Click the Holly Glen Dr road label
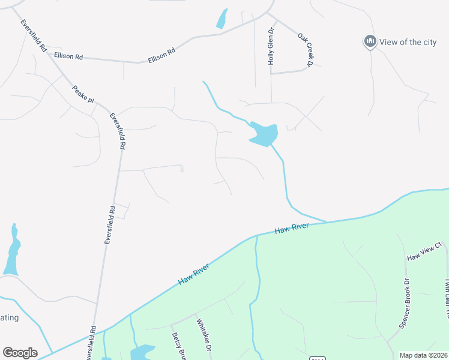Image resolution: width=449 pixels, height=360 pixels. point(271,46)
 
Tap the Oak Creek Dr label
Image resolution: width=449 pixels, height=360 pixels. point(306,50)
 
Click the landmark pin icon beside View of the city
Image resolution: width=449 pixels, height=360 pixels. point(370,41)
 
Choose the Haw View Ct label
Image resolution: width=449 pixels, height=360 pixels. point(424,253)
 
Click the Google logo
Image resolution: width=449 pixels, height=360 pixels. point(20,352)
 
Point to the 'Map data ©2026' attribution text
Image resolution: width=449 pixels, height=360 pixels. point(423,355)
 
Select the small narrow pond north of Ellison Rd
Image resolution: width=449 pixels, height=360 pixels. point(222,19)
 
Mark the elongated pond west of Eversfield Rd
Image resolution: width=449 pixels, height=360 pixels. point(12,251)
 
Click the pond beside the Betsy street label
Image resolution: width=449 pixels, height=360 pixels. point(142,352)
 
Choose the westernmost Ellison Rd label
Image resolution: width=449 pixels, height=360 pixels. point(68,56)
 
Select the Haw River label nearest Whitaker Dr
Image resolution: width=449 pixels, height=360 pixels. point(193,274)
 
